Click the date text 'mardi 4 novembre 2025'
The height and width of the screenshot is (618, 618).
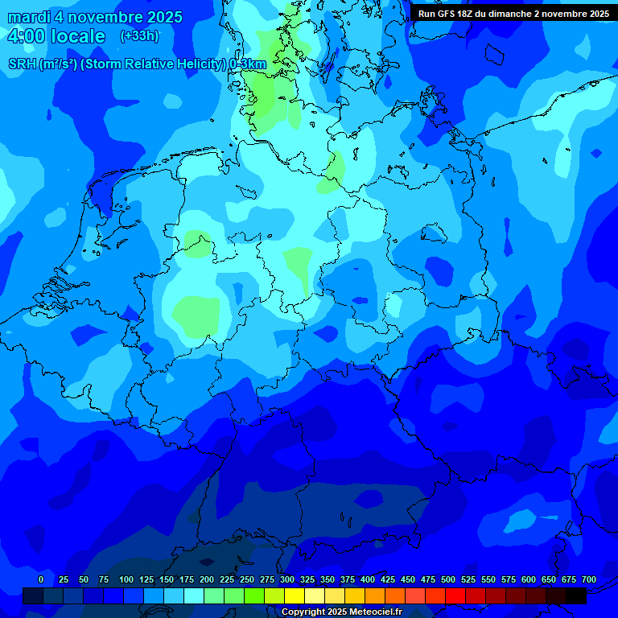tap(95, 17)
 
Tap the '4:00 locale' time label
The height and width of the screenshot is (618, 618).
tap(56, 36)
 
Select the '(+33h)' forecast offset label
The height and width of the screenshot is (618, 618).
tap(139, 36)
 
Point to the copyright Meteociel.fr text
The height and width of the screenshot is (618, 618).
tap(341, 612)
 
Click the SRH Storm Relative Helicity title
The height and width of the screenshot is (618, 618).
tap(137, 64)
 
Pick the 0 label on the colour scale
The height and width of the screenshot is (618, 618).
tap(41, 579)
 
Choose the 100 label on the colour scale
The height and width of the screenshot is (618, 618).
tap(126, 579)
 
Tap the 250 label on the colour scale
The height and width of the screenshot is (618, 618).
tap(247, 579)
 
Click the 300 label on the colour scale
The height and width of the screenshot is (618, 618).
tap(287, 579)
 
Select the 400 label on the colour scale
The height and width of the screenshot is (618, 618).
tap(368, 579)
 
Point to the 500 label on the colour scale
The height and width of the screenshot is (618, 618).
tap(448, 579)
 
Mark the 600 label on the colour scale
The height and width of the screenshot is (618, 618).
tap(529, 579)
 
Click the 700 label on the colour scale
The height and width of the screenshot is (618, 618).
tap(589, 579)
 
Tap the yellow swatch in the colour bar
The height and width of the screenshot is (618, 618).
tap(295, 596)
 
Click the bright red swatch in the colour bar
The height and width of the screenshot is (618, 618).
tap(455, 596)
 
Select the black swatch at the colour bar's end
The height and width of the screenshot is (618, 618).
tap(576, 596)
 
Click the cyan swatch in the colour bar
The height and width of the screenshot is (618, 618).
tap(194, 596)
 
